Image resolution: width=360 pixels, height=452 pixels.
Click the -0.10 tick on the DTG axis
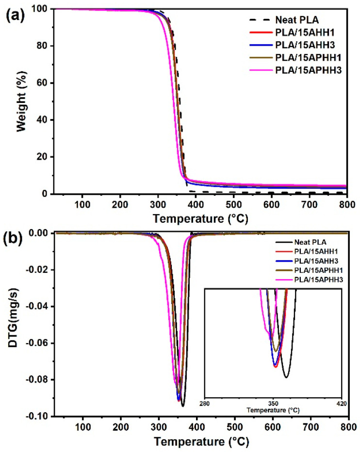tap(40, 417)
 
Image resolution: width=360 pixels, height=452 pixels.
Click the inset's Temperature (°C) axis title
tap(273, 410)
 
